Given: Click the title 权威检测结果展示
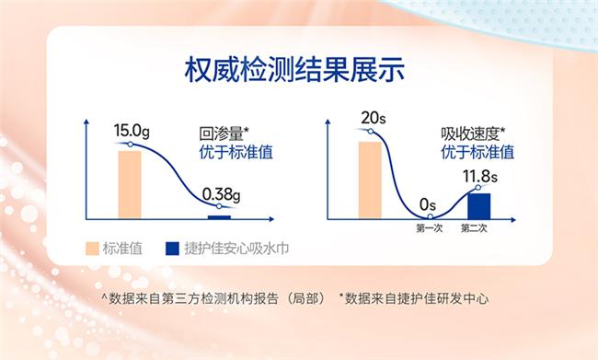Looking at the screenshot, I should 300,71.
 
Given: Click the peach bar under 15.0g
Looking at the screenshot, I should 130,184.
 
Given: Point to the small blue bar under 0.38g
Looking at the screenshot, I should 220,217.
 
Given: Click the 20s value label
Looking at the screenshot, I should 372,118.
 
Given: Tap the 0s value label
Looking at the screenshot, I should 427,203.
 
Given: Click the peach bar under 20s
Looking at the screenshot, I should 370,180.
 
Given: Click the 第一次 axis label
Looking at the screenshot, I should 429,227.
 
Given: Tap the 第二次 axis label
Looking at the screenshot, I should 474,227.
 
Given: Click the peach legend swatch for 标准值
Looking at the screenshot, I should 91,249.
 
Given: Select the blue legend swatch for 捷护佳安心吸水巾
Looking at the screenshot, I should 170,249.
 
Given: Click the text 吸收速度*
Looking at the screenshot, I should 473,133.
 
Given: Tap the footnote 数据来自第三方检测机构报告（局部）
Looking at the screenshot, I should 211,298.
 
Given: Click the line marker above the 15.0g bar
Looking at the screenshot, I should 130,145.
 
